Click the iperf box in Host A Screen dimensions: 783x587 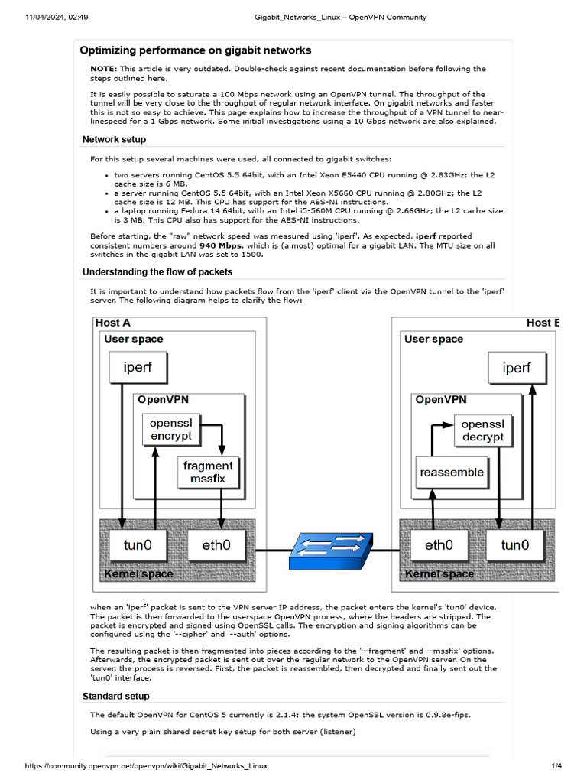point(138,367)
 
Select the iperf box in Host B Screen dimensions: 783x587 point(517,368)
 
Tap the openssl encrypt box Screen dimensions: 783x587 point(171,430)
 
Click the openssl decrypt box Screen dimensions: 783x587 point(483,430)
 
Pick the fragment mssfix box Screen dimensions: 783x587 point(208,473)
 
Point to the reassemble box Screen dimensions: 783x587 point(452,473)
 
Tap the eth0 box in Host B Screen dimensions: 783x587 point(439,545)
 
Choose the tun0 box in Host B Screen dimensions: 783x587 point(514,545)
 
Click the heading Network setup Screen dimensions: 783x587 point(114,139)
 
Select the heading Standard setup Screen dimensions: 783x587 point(115,696)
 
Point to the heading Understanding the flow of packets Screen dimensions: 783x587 point(157,271)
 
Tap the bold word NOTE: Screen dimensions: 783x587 point(103,69)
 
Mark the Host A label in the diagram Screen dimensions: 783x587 point(112,323)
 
